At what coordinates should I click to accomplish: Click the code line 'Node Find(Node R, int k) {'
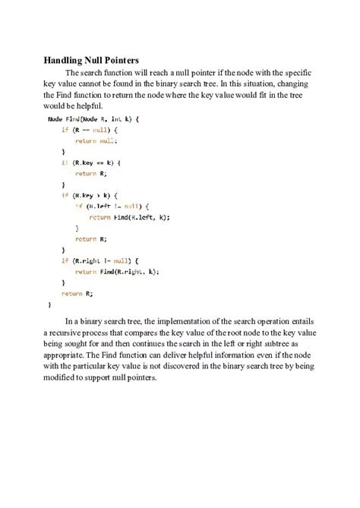pos(93,119)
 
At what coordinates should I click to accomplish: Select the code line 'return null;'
pos(96,140)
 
